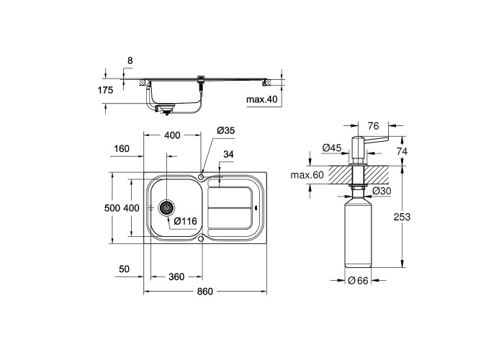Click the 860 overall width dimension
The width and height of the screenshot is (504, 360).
pyautogui.click(x=205, y=291)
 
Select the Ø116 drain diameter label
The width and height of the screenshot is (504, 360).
pyautogui.click(x=185, y=221)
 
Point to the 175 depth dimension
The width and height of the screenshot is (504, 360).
pyautogui.click(x=106, y=90)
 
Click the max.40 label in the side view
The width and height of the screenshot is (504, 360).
pyautogui.click(x=261, y=99)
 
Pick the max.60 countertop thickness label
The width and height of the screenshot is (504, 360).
pyautogui.click(x=307, y=175)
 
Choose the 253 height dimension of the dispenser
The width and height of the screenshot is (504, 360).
pyautogui.click(x=402, y=217)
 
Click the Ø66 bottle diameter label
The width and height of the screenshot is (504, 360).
pyautogui.click(x=358, y=281)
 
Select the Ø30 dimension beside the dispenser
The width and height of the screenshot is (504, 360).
pyautogui.click(x=382, y=192)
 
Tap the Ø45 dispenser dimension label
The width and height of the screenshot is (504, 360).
pyautogui.click(x=331, y=148)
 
